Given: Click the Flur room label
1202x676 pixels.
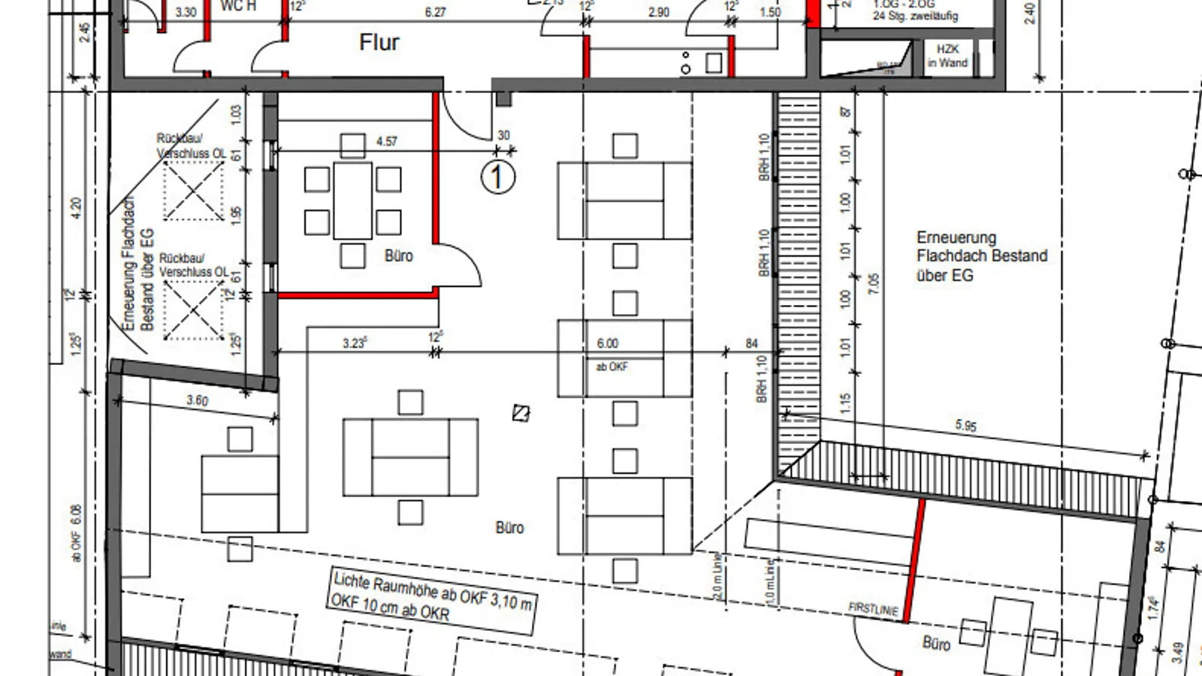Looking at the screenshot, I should pyautogui.click(x=379, y=42).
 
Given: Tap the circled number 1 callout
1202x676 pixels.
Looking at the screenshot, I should pyautogui.click(x=497, y=177).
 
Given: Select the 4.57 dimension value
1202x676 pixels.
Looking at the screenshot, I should pyautogui.click(x=386, y=141).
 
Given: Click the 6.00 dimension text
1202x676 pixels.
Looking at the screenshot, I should pyautogui.click(x=608, y=343).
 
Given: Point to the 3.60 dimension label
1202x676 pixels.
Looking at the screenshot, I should pyautogui.click(x=198, y=400).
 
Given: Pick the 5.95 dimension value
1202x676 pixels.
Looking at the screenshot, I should pyautogui.click(x=966, y=426).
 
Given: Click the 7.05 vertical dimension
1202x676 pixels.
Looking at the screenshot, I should pyautogui.click(x=873, y=283).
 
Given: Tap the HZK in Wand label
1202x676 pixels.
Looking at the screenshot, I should pyautogui.click(x=947, y=56).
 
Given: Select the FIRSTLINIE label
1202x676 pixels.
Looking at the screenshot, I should pyautogui.click(x=873, y=609).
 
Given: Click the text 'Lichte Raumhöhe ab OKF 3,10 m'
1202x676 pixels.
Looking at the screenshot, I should pyautogui.click(x=433, y=590).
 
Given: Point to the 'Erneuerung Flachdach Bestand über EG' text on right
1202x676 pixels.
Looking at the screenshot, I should pyautogui.click(x=981, y=256).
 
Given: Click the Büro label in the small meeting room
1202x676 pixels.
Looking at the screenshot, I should pyautogui.click(x=398, y=255).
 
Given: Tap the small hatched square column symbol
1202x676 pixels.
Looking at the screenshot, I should pyautogui.click(x=521, y=412).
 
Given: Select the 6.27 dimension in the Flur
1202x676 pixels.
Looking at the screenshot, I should pyautogui.click(x=435, y=12).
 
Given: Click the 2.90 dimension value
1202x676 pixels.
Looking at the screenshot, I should pyautogui.click(x=658, y=12).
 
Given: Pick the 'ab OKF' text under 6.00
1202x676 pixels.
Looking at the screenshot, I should pyautogui.click(x=612, y=367).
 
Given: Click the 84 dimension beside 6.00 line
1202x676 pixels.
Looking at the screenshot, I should pyautogui.click(x=752, y=343).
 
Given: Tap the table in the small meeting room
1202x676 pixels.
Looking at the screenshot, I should pyautogui.click(x=352, y=201).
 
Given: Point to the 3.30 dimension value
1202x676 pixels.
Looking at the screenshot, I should pyautogui.click(x=186, y=12).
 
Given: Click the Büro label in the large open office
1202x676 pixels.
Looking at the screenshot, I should pyautogui.click(x=509, y=527).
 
